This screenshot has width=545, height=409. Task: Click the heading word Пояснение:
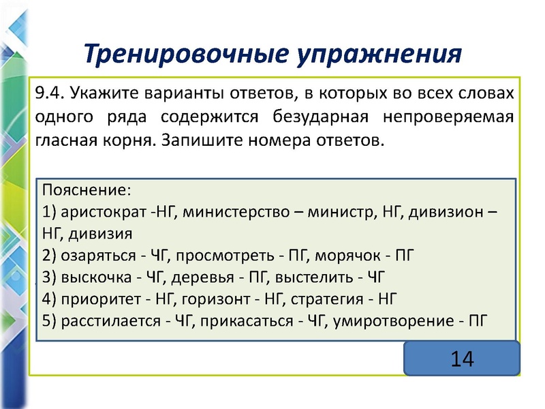[x=86, y=189]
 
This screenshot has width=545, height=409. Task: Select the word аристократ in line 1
[x=98, y=211]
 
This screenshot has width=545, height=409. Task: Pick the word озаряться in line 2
[x=95, y=256]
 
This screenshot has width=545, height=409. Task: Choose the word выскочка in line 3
[x=93, y=277]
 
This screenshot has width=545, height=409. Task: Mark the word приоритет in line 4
[x=97, y=299]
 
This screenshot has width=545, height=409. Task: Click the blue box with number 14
[x=461, y=359]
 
